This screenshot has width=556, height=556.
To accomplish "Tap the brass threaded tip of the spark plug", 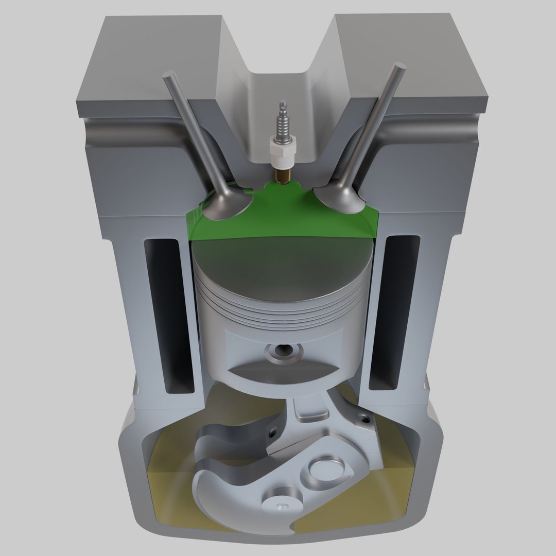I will [x=282, y=175].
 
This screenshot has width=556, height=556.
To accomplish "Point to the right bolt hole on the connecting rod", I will [x=366, y=418].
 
